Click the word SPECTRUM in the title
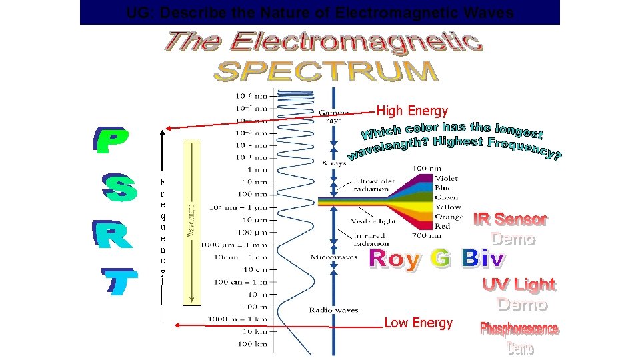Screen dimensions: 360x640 [x=326, y=71]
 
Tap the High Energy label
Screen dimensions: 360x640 [x=412, y=111]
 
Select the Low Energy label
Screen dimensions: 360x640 [x=418, y=323]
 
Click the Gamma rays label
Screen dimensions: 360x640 [x=333, y=117]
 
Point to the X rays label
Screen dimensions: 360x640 [x=333, y=163]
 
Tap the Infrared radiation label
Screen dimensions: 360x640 [x=370, y=239]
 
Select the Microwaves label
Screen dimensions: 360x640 [x=333, y=257]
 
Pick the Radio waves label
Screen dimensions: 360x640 [x=333, y=309]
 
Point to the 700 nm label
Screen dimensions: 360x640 [x=427, y=235]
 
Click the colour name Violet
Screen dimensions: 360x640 [x=446, y=178]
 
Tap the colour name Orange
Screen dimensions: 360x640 [x=449, y=217]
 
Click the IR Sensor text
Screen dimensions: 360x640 [x=511, y=219]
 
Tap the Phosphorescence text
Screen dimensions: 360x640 [x=519, y=329]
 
